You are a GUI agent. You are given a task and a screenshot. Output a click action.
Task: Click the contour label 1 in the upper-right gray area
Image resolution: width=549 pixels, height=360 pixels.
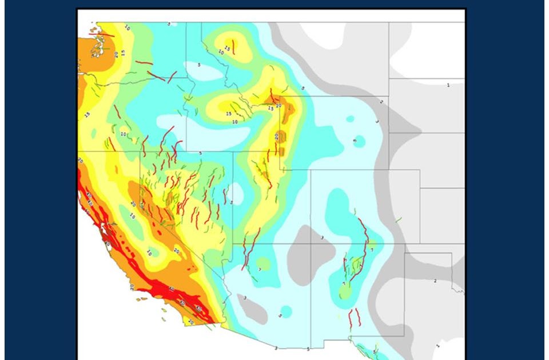(448, 85)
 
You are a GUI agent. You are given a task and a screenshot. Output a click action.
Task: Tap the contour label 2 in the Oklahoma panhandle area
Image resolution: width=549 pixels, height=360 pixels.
(435, 281)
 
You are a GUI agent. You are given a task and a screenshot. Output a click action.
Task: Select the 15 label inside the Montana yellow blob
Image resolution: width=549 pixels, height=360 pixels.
(227, 49)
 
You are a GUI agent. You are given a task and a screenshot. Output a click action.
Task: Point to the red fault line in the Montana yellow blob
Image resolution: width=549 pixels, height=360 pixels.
(233, 47)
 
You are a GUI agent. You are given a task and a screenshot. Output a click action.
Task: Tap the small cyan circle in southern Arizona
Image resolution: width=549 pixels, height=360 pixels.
(286, 311)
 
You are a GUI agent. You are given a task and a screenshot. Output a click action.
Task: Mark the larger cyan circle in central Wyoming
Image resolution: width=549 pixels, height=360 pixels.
(359, 141)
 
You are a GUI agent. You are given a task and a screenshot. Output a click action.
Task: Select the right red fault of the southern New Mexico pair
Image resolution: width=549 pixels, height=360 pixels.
(359, 317)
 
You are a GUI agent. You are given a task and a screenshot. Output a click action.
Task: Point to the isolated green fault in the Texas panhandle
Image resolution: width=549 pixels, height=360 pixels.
(398, 219)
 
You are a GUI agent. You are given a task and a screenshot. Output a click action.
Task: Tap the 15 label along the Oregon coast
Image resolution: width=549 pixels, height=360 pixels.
(87, 115)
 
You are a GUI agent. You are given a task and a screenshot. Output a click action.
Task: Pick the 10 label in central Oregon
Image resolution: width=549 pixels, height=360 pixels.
(123, 134)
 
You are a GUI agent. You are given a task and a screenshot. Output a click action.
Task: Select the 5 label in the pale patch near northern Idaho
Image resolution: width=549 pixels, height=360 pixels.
(199, 65)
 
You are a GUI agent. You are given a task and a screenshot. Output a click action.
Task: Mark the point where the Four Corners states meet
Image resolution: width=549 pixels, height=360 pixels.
(311, 243)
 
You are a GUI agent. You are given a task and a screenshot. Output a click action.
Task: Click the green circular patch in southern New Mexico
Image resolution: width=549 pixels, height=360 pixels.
(345, 293)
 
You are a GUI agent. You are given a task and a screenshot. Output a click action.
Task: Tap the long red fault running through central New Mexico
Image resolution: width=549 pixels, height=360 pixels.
(361, 246)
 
